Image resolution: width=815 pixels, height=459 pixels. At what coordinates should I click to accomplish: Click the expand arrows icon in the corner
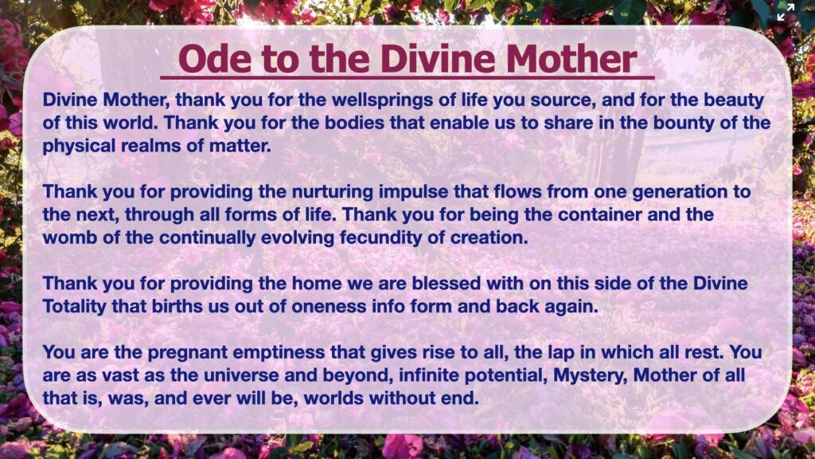[x=786, y=11]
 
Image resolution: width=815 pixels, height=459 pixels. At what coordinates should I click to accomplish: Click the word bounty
[x=685, y=123]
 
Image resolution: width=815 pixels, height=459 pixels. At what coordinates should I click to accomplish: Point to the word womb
[x=65, y=237]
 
